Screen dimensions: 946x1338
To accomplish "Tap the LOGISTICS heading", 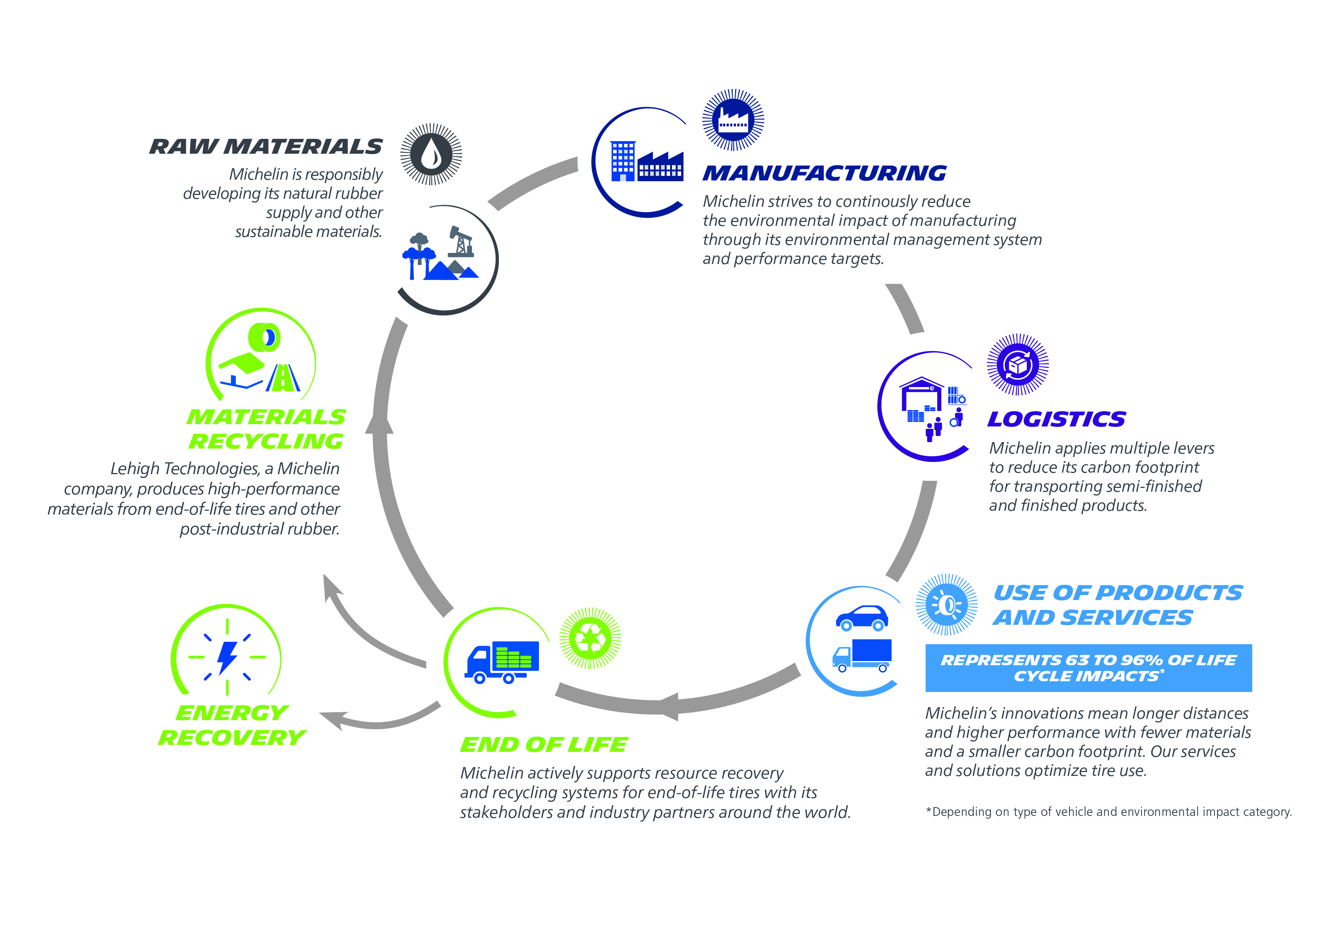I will pos(1056,419).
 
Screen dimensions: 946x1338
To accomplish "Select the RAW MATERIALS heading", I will pos(266,146).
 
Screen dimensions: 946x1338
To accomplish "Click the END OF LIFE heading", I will pos(544,744).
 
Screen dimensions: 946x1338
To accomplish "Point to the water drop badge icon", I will pos(431,154).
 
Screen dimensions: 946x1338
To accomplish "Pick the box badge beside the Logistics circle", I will pos(1018,365).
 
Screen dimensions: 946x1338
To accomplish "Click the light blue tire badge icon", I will pos(946,605).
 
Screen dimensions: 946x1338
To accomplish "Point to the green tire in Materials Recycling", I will pos(265,337).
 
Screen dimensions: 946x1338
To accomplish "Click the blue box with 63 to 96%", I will pos(1088,668).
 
